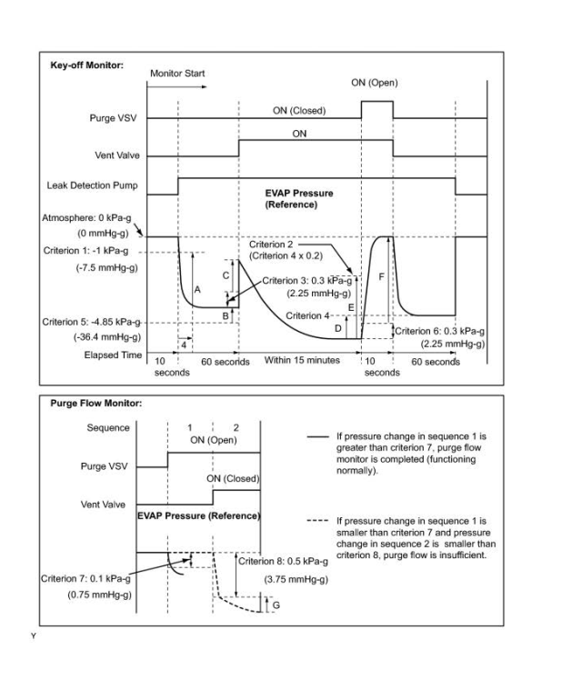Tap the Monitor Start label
pyautogui.click(x=177, y=73)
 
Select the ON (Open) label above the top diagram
pyautogui.click(x=374, y=83)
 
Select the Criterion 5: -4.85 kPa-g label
pyautogui.click(x=95, y=322)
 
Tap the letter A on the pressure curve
pyautogui.click(x=196, y=287)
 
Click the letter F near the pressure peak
pyautogui.click(x=381, y=274)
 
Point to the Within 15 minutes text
pyautogui.click(x=302, y=361)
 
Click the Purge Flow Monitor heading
pyautogui.click(x=97, y=404)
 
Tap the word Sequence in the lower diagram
pyautogui.click(x=107, y=427)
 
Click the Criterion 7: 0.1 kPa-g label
pyautogui.click(x=86, y=578)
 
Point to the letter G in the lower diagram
pyautogui.click(x=275, y=605)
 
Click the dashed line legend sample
pyautogui.click(x=317, y=523)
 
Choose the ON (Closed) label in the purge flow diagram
pyautogui.click(x=233, y=478)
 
